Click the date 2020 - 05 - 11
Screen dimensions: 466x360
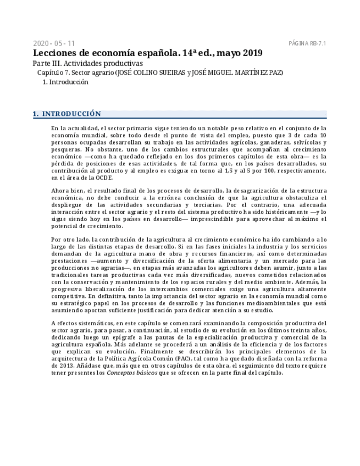(54, 43)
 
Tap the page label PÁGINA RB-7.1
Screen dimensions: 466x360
(307, 43)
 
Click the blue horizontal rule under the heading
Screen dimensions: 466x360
(180, 118)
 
